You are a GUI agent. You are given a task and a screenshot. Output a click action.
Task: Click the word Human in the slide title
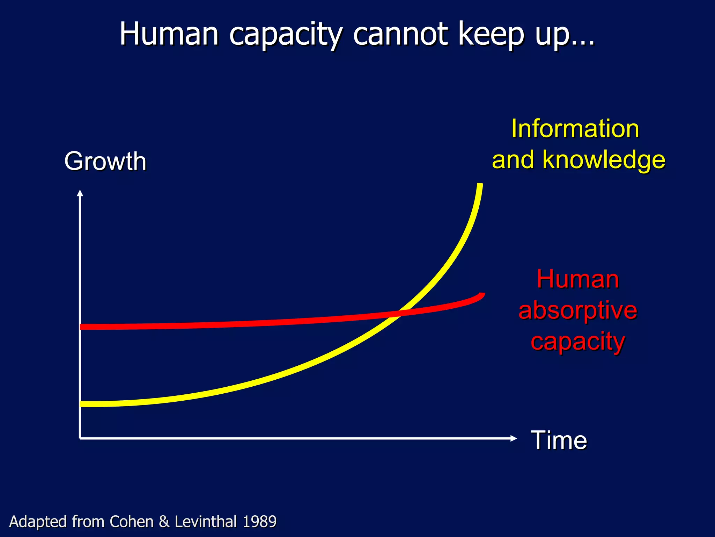tap(169, 34)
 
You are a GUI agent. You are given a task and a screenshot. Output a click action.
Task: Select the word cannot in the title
tap(400, 34)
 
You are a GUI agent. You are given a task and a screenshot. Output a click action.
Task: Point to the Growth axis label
tap(105, 162)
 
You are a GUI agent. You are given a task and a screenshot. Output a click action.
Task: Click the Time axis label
tap(559, 440)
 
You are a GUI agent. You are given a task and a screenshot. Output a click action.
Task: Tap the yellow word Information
tap(575, 129)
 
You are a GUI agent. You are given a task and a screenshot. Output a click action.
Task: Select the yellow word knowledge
tap(604, 160)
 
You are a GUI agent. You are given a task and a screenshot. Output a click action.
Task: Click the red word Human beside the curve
tap(578, 279)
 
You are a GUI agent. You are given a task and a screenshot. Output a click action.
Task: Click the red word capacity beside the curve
tap(578, 342)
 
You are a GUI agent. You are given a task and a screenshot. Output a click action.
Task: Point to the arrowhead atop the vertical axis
tap(80, 193)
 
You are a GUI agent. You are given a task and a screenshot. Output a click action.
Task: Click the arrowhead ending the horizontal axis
tap(514, 438)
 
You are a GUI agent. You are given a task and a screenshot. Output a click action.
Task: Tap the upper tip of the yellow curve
tap(480, 185)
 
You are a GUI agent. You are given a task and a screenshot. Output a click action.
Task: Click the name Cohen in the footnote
tap(132, 522)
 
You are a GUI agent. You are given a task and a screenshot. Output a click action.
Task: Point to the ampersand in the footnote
tap(164, 522)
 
